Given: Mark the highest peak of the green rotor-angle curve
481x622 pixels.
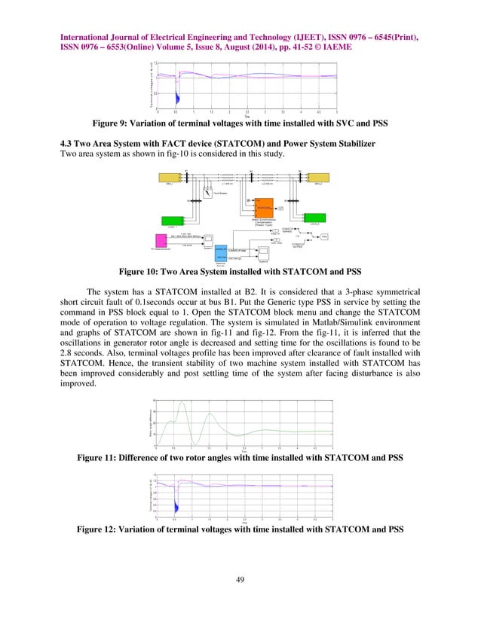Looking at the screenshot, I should point(181,404).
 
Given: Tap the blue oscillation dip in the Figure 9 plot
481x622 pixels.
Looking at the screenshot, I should point(176,98).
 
